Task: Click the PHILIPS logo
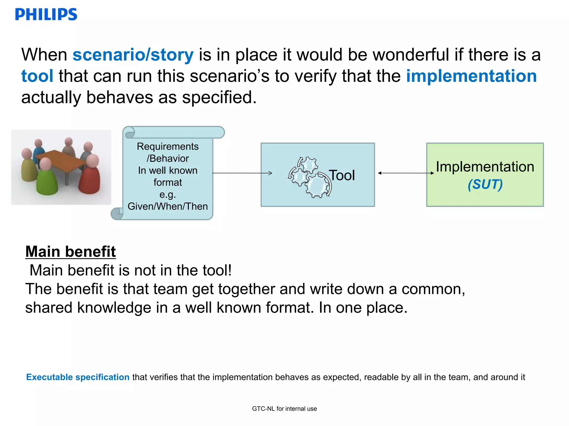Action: [46, 14]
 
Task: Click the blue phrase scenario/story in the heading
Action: [133, 55]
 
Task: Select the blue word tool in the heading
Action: [37, 76]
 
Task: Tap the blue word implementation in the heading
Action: [471, 76]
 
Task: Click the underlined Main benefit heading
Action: [71, 252]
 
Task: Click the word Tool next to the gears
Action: [342, 175]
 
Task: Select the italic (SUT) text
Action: [485, 184]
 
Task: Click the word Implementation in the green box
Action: [485, 167]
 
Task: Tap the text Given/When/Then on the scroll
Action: [168, 206]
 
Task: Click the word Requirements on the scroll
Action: [168, 146]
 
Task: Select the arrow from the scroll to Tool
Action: [242, 173]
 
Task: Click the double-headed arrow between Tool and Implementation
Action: [406, 173]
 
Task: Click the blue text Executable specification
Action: [78, 377]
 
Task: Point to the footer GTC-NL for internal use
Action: [284, 409]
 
